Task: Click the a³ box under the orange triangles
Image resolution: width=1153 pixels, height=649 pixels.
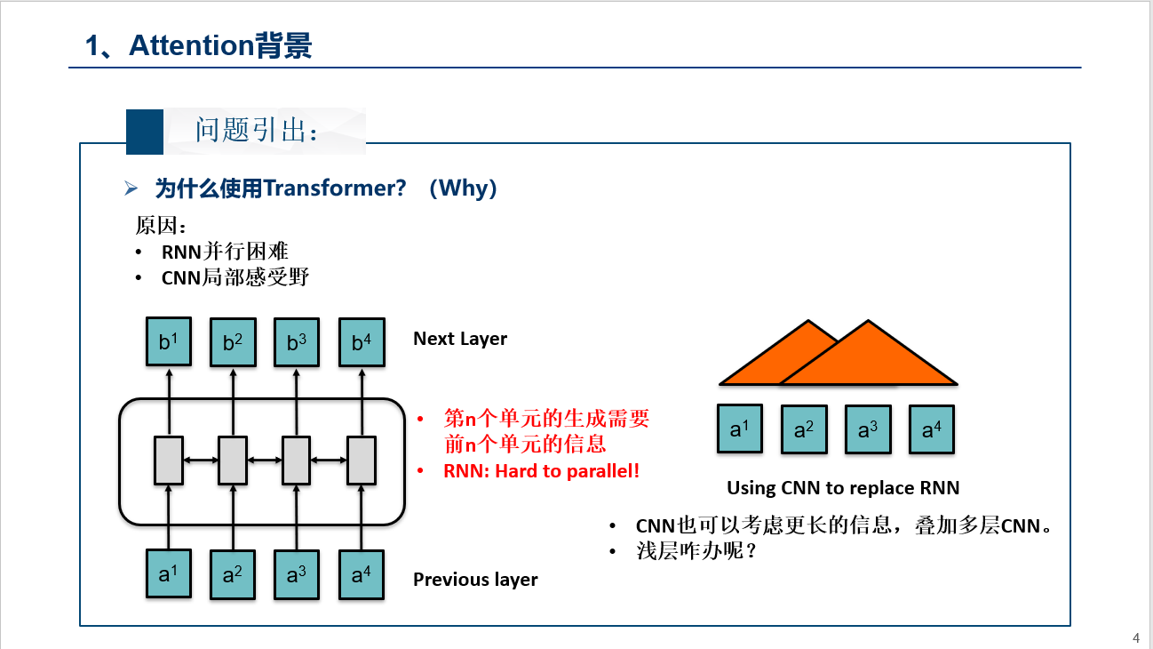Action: click(867, 430)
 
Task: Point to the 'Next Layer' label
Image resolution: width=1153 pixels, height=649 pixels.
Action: click(460, 339)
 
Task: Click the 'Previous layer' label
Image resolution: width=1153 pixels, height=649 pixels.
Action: click(475, 580)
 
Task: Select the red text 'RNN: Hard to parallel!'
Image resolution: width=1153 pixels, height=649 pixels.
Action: click(541, 471)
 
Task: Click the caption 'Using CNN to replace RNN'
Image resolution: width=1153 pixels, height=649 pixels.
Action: click(843, 487)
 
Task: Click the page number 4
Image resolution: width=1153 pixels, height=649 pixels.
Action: click(1136, 637)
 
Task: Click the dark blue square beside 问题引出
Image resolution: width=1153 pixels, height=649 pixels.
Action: click(145, 132)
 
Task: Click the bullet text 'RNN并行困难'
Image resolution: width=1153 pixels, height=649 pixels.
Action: click(225, 252)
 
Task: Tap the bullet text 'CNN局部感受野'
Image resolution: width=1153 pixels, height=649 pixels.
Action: click(235, 277)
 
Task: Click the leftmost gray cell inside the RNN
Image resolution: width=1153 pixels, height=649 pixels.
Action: click(169, 460)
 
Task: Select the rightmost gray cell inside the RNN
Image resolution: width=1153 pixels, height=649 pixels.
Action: click(361, 460)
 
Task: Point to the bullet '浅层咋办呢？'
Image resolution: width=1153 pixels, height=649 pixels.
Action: click(696, 551)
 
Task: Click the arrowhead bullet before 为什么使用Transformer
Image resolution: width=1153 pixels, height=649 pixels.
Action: click(131, 188)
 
